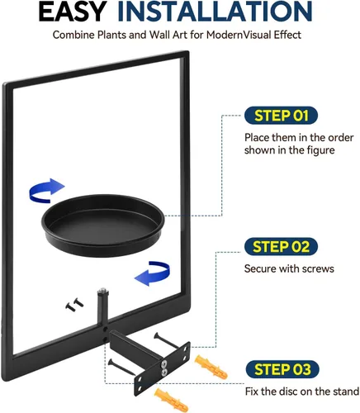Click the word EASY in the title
coord(73,12)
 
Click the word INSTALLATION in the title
coord(215,12)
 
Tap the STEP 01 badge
coord(281,116)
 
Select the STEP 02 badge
coord(281,246)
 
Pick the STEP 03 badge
coord(282,369)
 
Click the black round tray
coord(103,225)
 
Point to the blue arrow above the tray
coord(46,191)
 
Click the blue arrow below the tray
coord(153,273)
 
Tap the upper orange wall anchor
coord(211,367)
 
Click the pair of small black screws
coord(74,305)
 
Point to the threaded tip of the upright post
coord(102,290)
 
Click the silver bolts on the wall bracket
coord(164,368)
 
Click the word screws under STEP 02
coord(319,268)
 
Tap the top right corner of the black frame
coord(188,51)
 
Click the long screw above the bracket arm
coord(167,339)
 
